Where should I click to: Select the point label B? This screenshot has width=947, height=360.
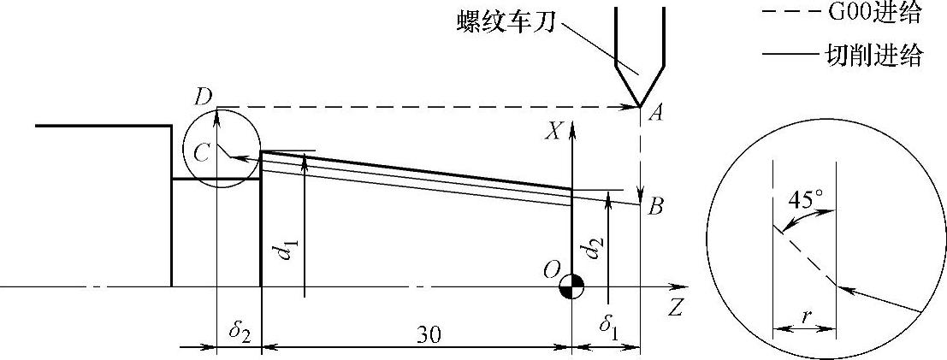(x=656, y=207)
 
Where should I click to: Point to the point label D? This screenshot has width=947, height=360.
(x=203, y=97)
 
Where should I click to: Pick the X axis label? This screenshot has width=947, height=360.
(x=555, y=131)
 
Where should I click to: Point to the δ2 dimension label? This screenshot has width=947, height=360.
(x=238, y=328)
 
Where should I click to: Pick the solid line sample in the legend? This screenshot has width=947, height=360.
(x=787, y=57)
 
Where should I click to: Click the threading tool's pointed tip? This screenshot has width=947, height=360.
(x=641, y=105)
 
